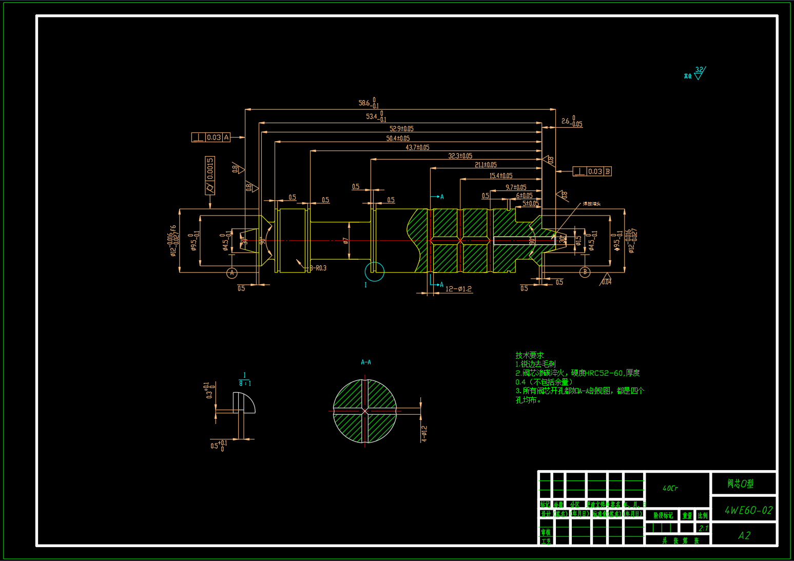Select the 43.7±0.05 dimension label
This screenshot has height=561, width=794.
point(417,147)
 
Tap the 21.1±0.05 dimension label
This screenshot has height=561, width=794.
point(486,165)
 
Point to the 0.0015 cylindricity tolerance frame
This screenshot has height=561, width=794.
point(210,176)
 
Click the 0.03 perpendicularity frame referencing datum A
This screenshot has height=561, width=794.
point(211,137)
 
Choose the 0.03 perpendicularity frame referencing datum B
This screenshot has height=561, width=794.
point(592,171)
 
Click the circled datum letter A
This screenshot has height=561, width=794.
point(232,273)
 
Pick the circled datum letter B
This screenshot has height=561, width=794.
point(585,272)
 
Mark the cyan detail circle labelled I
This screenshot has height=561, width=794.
point(375,272)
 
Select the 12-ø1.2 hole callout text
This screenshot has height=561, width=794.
point(458,289)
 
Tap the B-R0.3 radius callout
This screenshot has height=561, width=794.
point(318,268)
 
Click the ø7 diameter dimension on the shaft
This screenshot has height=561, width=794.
point(345,240)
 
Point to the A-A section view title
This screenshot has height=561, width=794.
point(366,362)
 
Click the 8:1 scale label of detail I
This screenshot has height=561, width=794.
point(245,383)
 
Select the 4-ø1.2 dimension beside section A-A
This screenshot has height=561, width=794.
point(424,433)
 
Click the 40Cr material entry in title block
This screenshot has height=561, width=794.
point(670,488)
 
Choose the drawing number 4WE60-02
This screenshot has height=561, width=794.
point(748,510)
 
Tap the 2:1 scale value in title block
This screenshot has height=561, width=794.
point(703,528)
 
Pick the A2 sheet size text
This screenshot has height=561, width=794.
point(744,535)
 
